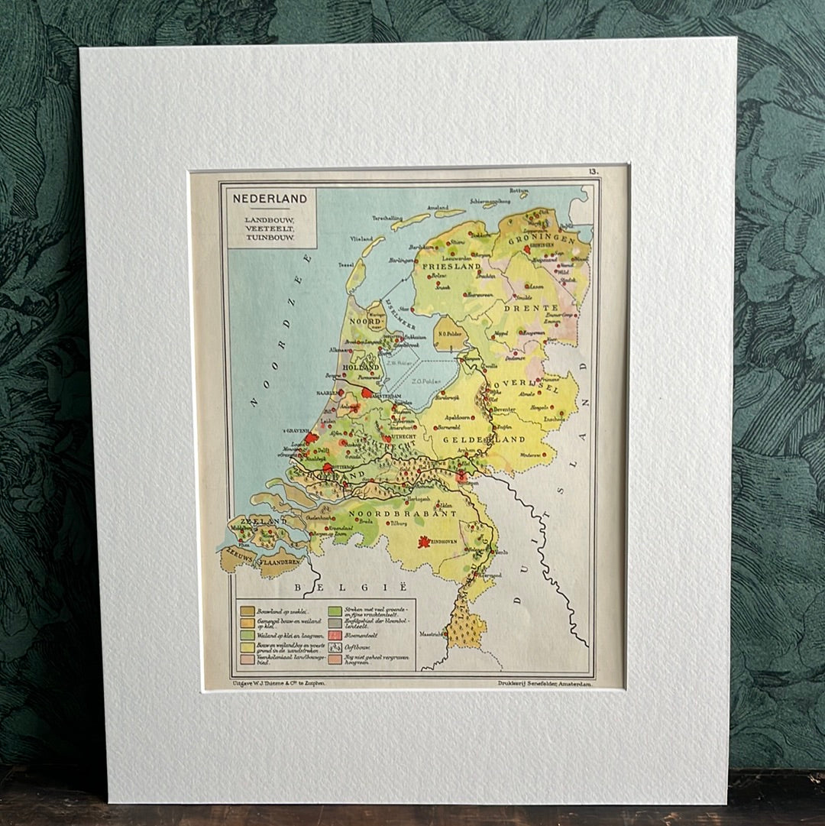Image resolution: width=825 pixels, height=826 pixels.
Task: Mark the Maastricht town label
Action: (x=432, y=633)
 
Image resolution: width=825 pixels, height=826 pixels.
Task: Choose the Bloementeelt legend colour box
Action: (x=334, y=635)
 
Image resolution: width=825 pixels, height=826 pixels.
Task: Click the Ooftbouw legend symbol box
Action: (x=334, y=646)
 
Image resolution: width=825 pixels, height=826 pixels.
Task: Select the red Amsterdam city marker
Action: (x=367, y=393)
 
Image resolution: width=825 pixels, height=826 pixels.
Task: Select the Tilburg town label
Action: (x=395, y=524)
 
